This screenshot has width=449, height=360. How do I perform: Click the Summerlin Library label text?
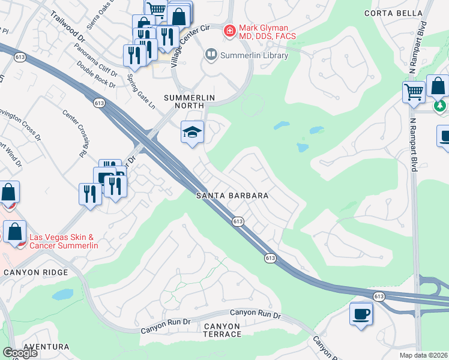(254, 56)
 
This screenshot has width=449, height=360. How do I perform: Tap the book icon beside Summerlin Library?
(211, 55)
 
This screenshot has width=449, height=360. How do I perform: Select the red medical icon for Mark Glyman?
(229, 31)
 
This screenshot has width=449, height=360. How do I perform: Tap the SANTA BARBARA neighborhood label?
(232, 196)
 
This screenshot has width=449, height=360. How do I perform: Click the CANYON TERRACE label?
(222, 330)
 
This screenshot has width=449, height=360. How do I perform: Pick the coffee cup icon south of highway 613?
(361, 314)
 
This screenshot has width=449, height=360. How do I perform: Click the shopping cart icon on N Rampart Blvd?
(414, 92)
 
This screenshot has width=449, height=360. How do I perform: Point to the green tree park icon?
(441, 106)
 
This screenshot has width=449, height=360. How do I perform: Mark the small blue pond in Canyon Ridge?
(63, 295)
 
